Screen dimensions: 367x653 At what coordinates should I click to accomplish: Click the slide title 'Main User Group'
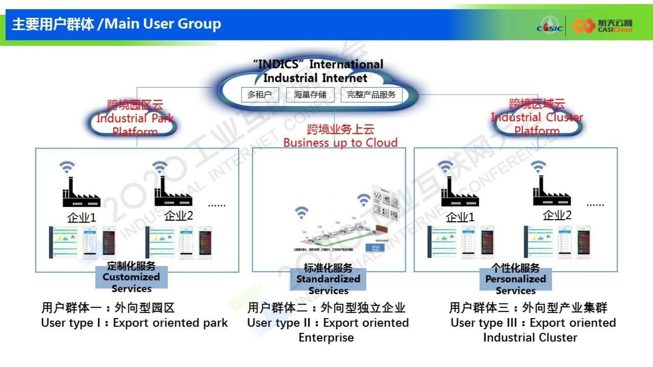[x=162, y=24]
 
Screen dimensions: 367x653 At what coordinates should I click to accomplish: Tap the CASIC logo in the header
[x=549, y=25]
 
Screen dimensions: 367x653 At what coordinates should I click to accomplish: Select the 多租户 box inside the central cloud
[x=260, y=95]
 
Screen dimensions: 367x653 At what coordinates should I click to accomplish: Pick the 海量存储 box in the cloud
[x=310, y=95]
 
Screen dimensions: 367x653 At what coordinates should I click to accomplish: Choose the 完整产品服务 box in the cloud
[x=371, y=95]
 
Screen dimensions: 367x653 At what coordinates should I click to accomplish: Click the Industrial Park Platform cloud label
[x=135, y=118]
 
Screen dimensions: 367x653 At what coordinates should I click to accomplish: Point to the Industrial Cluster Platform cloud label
[x=537, y=118]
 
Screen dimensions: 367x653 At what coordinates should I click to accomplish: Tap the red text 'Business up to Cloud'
[x=340, y=143]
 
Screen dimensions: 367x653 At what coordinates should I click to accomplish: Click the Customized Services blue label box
[x=131, y=277]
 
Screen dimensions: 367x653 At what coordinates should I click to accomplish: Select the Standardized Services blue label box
[x=328, y=279]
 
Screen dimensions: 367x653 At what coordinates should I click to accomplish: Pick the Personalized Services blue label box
[x=515, y=279]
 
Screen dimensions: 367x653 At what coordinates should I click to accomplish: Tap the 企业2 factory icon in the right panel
[x=551, y=191]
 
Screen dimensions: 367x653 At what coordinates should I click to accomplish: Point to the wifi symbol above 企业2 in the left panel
[x=160, y=167]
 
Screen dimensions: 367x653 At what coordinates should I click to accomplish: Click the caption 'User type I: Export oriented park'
[x=134, y=323]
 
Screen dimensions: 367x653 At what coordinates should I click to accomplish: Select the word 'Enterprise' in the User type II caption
[x=326, y=338]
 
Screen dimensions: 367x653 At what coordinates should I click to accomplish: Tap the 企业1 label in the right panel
[x=460, y=217]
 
